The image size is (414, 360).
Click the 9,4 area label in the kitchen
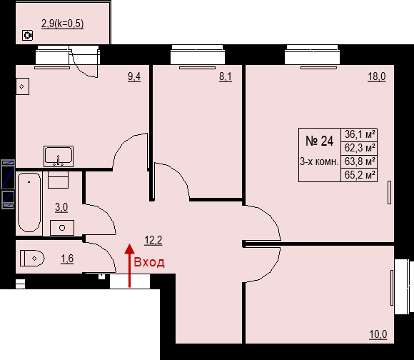point(134,76)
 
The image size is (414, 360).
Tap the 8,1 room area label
point(226,76)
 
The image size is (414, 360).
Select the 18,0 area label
point(377,76)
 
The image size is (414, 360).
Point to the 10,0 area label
point(378,334)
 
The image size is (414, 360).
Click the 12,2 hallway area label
point(153,240)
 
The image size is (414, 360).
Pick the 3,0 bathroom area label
point(61,207)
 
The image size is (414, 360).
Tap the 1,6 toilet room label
point(67,259)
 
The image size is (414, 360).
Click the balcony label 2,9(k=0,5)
point(63,24)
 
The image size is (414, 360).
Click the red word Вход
point(149,262)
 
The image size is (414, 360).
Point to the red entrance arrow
point(129,266)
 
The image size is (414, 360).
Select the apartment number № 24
point(320,141)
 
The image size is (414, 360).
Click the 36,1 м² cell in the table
point(360,134)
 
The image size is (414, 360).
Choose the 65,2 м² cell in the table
point(360,175)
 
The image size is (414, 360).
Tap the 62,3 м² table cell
point(360,148)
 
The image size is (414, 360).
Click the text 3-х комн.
point(319,161)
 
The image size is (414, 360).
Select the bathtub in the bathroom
point(29,203)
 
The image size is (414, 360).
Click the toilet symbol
point(32,259)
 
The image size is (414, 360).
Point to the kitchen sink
point(59,156)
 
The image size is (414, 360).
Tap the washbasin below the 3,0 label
point(62,228)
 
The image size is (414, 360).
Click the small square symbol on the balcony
point(27,35)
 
